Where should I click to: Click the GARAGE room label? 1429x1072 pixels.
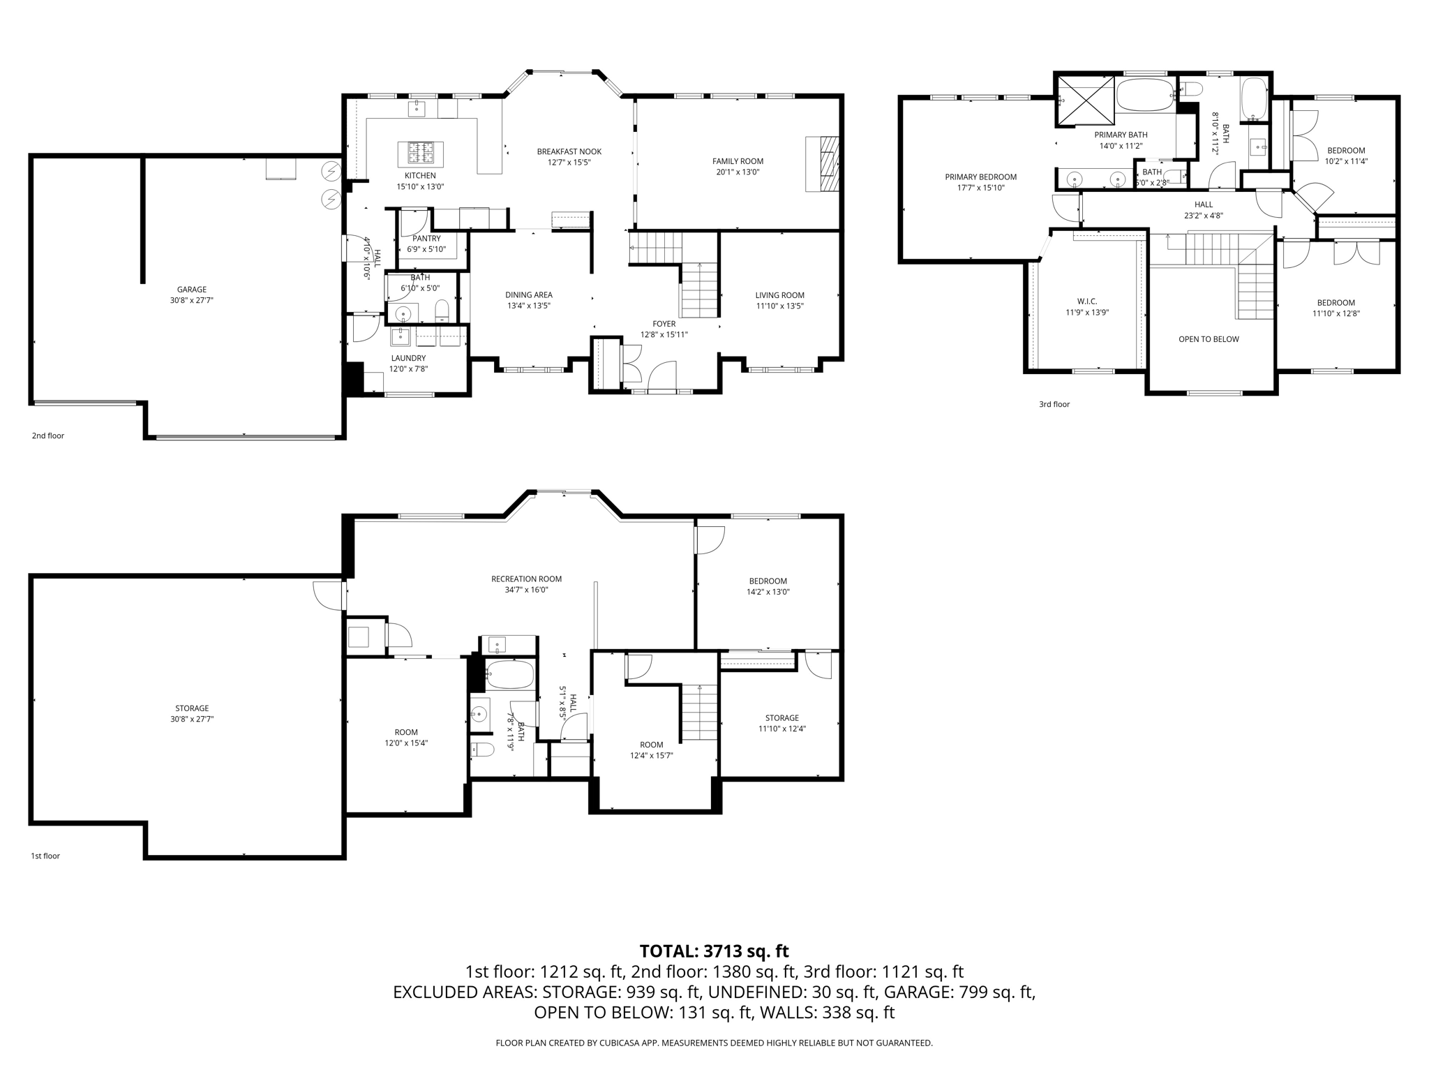[x=191, y=290]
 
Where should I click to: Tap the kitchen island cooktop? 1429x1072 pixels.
[x=420, y=152]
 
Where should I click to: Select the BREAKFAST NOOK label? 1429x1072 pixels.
[x=569, y=151]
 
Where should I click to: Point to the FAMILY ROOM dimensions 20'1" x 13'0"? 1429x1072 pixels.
[x=738, y=172]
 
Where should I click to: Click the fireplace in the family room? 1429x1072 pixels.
[x=823, y=164]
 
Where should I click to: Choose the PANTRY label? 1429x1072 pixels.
[x=426, y=239]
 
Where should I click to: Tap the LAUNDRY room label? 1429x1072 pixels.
[x=408, y=358]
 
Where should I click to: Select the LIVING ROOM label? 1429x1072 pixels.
[x=779, y=295]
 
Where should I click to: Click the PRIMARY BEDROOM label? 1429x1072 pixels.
[x=980, y=177]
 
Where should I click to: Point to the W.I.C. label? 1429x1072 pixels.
[x=1086, y=301]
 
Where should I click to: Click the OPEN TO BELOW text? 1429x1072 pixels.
[x=1209, y=339]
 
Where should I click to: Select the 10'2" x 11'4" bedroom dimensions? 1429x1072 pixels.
[x=1346, y=161]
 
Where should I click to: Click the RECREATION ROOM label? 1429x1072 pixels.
[x=526, y=579]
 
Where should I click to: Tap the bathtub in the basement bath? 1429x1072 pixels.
[x=509, y=675]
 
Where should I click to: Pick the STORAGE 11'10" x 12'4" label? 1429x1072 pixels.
[x=781, y=717]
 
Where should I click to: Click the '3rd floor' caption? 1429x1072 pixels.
[x=1054, y=404]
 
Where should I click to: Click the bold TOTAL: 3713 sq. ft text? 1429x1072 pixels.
[x=714, y=951]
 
